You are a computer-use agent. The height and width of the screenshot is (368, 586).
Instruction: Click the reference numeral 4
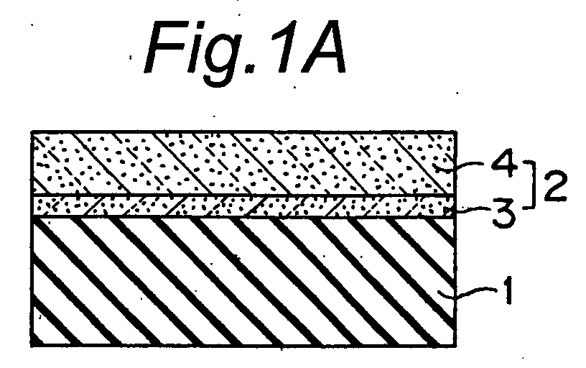click(x=505, y=165)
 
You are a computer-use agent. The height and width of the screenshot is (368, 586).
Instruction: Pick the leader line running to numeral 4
click(x=472, y=165)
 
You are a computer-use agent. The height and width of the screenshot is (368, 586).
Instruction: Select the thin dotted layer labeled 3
click(x=243, y=206)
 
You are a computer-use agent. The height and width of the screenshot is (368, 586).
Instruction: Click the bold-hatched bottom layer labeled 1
click(x=243, y=281)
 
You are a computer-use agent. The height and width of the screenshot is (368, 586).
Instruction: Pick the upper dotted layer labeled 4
click(x=243, y=164)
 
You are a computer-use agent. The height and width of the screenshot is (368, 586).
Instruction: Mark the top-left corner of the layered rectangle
click(x=32, y=132)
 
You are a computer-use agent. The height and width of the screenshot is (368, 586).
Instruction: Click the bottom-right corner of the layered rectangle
click(x=455, y=346)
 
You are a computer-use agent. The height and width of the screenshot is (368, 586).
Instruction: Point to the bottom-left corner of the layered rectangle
click(x=32, y=346)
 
